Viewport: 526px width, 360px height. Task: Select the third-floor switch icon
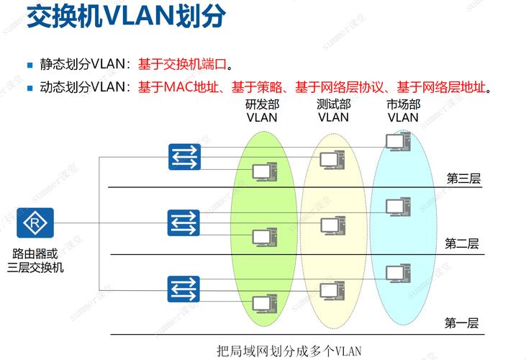point(183,156)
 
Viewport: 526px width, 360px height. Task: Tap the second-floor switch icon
point(183,222)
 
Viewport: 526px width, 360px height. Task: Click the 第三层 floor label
point(463,179)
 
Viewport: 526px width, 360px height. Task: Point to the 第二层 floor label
point(462,243)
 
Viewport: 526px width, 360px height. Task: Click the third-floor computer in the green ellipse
point(264,171)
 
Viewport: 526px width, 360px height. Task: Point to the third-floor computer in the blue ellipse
point(396,141)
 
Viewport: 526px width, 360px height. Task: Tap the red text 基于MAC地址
point(183,88)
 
